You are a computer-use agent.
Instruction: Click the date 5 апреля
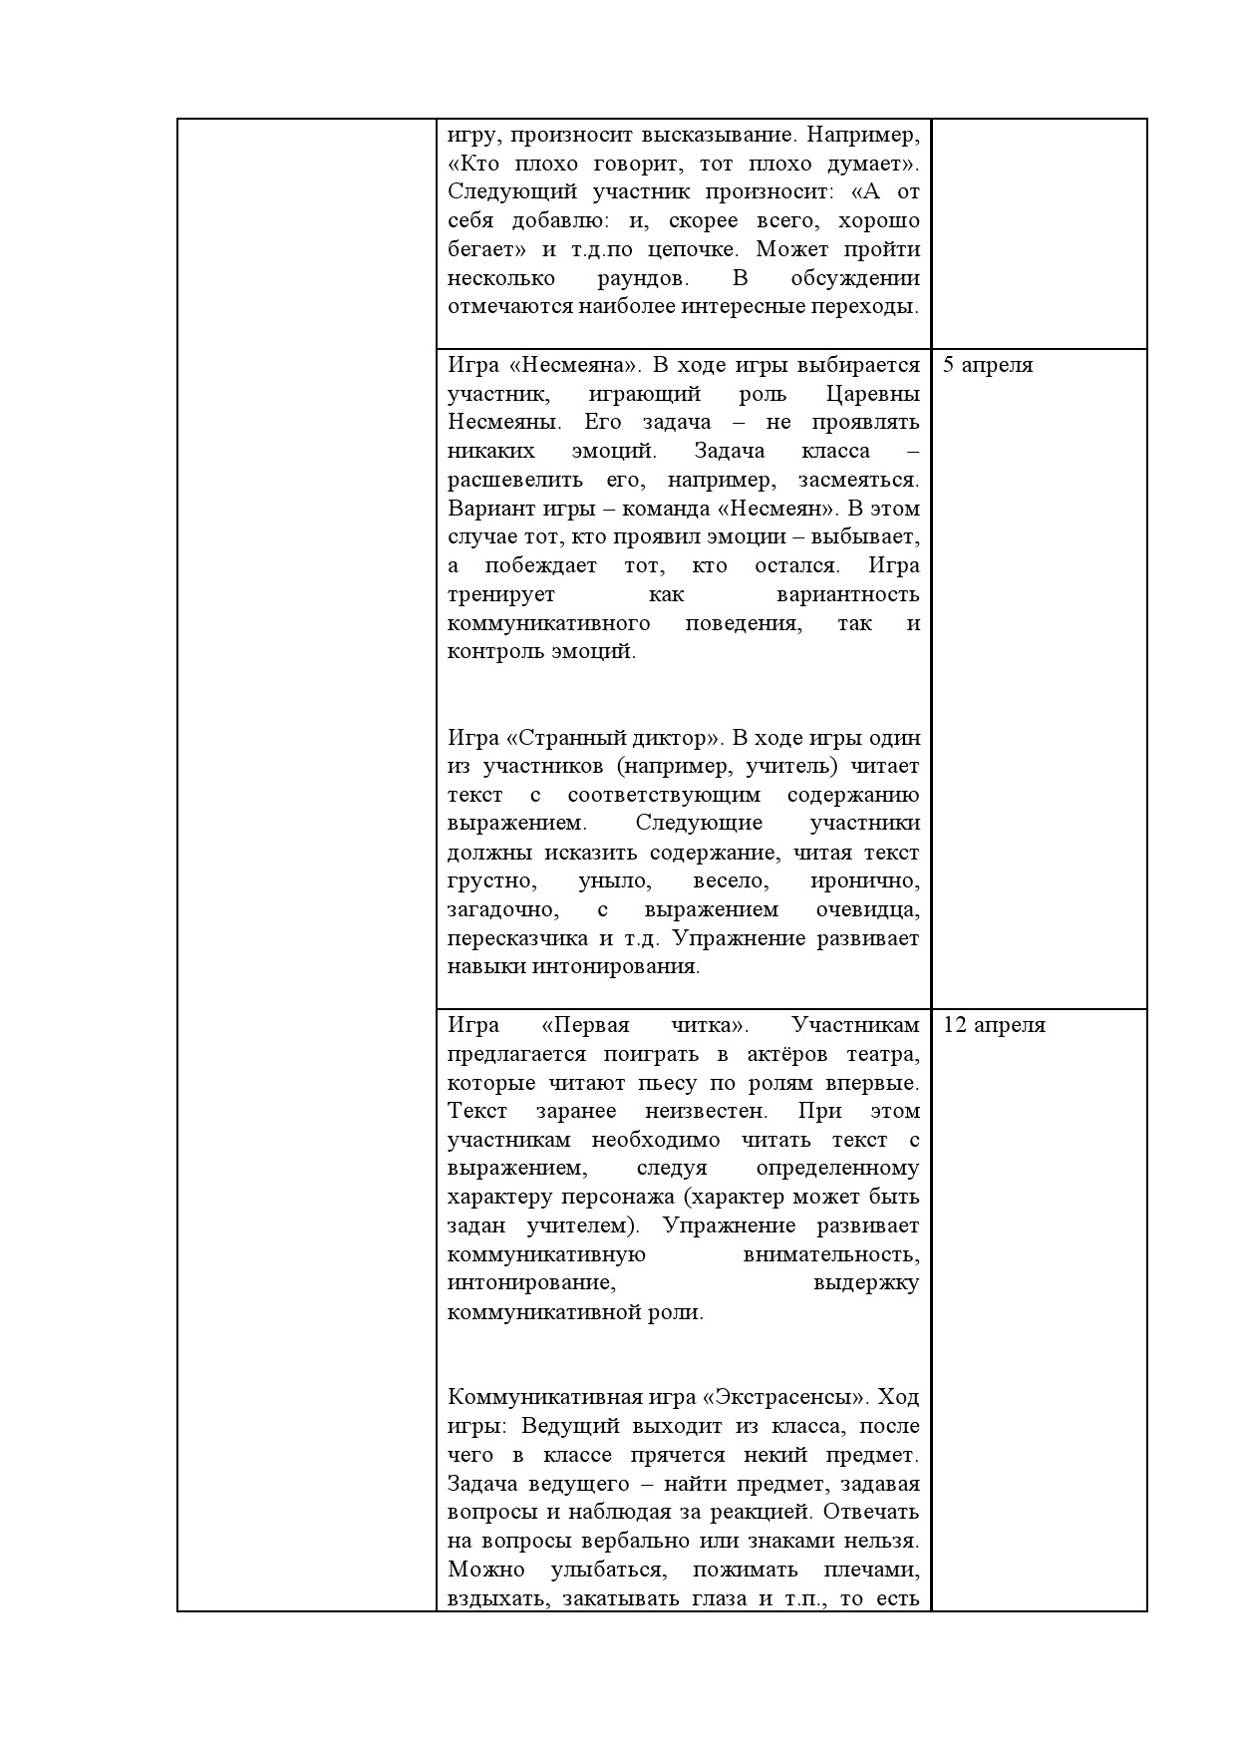tap(987, 365)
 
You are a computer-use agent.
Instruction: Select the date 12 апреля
tap(993, 1025)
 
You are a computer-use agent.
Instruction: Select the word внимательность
tap(830, 1254)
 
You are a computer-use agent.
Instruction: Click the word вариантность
tap(847, 595)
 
